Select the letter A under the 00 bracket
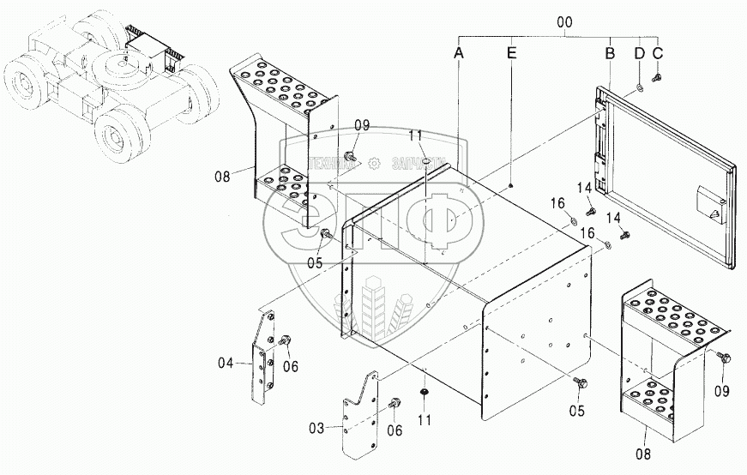(x=459, y=52)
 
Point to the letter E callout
(x=511, y=52)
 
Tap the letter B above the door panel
(x=610, y=52)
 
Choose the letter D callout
(x=639, y=52)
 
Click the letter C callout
(x=658, y=52)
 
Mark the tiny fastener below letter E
(x=511, y=184)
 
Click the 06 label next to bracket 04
(x=291, y=366)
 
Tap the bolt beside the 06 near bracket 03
(x=395, y=403)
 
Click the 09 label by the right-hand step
(x=721, y=392)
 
